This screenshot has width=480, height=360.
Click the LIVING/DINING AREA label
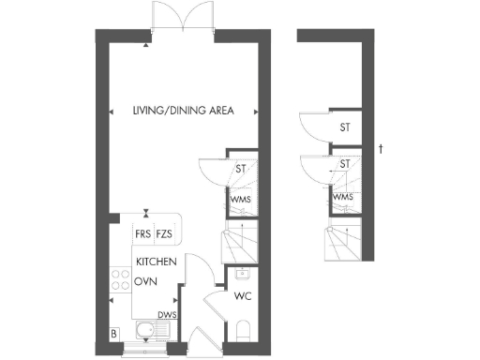pos(183,112)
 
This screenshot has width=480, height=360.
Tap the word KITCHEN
pos(157,262)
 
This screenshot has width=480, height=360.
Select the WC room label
pos(243,296)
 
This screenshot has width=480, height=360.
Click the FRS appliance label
pos(142,233)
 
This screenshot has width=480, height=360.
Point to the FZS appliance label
pos(164,233)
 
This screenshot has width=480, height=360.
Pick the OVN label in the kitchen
pos(144,280)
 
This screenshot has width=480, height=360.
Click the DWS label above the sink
pos(167,315)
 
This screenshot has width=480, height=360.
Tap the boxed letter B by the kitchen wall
pos(113,334)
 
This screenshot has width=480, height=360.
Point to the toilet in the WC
pos(244,331)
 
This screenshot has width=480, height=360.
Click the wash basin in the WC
pos(243,275)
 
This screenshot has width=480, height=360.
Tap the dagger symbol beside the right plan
pos(380,148)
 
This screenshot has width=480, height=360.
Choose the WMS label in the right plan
pos(343,197)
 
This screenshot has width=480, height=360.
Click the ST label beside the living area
pos(241,170)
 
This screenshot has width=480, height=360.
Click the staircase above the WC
pos(237,246)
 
